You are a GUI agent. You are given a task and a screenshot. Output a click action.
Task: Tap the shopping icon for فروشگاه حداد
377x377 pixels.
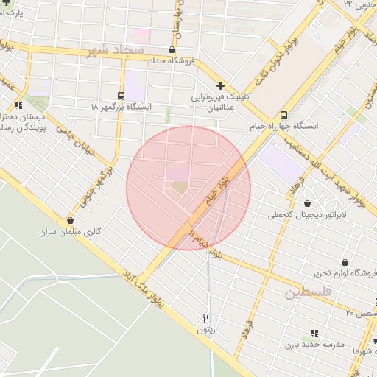tap(172, 50)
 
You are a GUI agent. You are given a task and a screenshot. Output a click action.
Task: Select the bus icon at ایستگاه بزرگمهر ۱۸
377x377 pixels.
tap(121, 96)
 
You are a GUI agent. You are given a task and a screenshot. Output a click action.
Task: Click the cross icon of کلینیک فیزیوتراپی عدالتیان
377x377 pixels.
tap(220, 85)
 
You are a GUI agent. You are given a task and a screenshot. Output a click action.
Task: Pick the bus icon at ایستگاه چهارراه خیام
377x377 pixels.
tap(284, 115)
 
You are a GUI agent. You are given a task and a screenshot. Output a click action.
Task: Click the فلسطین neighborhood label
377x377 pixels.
tap(309, 292)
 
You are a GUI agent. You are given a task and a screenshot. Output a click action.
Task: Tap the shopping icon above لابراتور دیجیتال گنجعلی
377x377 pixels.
tap(307, 203)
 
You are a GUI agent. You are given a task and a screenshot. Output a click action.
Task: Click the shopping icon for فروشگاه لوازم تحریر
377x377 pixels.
tap(345, 262)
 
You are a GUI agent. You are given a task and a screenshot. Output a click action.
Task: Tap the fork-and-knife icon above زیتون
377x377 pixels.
tap(206, 319)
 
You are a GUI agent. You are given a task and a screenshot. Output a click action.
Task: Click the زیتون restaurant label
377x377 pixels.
tap(206, 331)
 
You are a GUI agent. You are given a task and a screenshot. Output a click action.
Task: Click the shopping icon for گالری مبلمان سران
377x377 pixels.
tap(70, 220)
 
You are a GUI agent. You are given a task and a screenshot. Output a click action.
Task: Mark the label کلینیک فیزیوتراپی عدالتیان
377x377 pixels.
tap(221, 102)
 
